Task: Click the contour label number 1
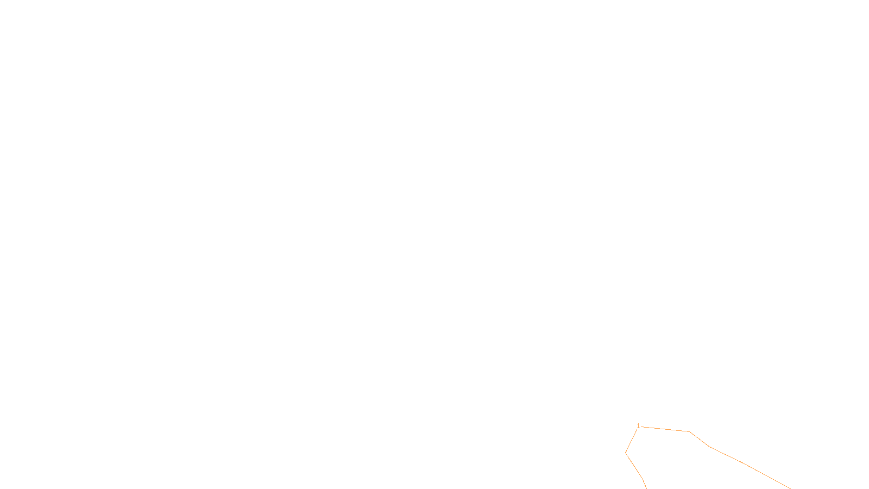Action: click(x=638, y=426)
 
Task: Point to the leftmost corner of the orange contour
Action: click(x=626, y=452)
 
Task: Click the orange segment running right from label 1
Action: click(x=665, y=429)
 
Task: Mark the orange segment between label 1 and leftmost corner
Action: click(x=631, y=441)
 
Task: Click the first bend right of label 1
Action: click(x=689, y=431)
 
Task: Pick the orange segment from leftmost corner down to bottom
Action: click(x=634, y=466)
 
